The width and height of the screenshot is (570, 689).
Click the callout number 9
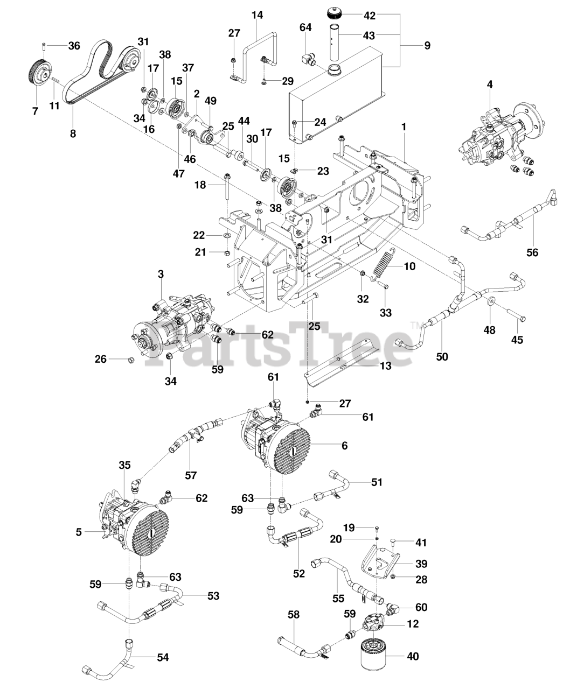[427, 46]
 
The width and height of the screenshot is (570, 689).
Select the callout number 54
[163, 657]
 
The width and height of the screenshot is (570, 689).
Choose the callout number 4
[490, 84]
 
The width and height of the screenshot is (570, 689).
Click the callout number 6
[344, 445]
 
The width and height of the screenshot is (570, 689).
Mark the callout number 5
[79, 532]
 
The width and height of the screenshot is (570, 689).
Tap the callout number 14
[257, 15]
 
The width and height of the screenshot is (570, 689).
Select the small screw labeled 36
[44, 46]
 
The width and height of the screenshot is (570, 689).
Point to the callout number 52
[298, 574]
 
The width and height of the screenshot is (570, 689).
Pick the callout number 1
[404, 128]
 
